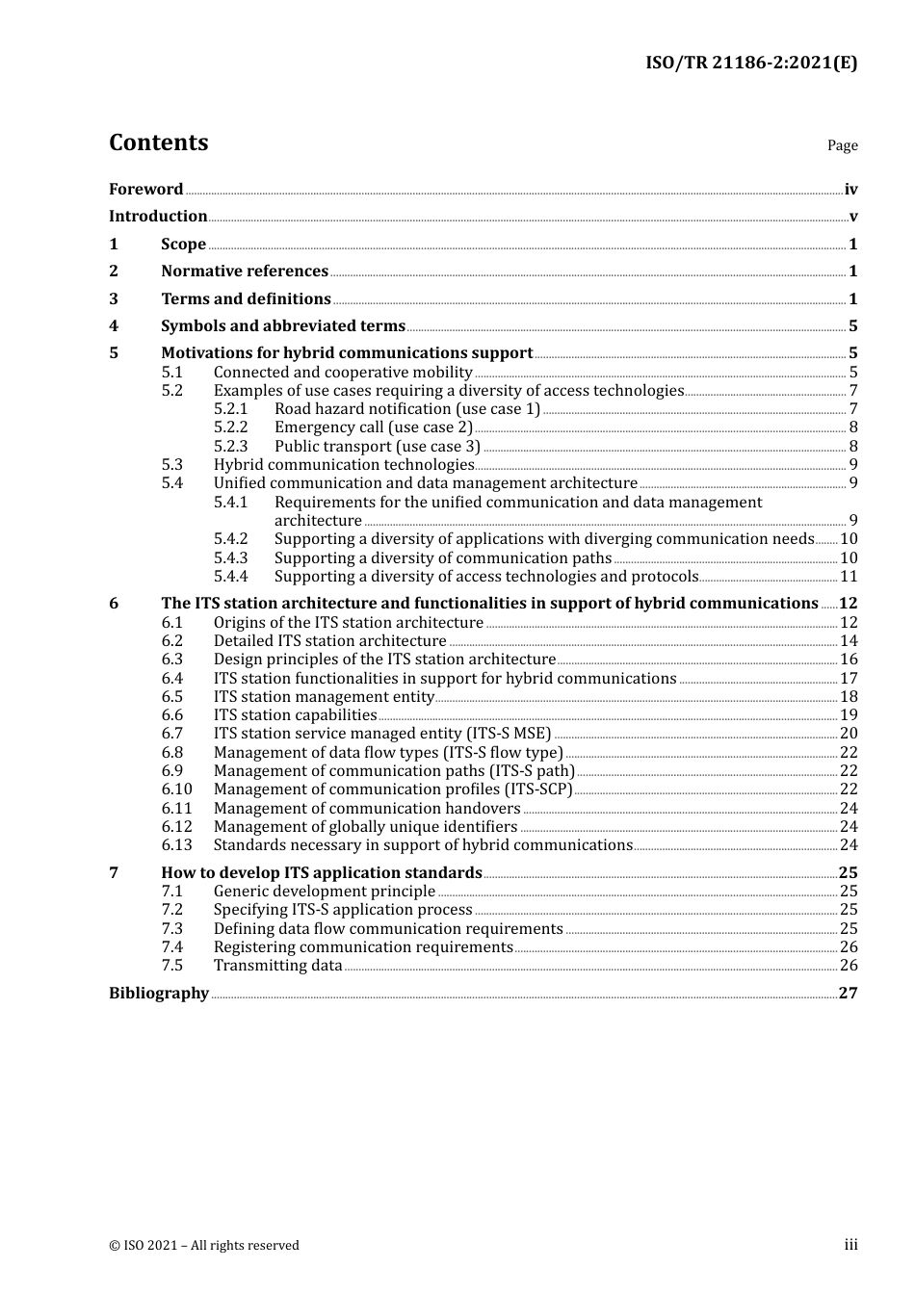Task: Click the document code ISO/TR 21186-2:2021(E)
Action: pos(750,64)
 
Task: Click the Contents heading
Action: pos(158,142)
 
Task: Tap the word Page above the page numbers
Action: pos(842,145)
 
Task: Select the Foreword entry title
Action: pos(145,190)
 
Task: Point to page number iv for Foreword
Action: pos(850,190)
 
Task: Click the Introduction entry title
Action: pos(158,217)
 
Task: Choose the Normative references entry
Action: pos(245,272)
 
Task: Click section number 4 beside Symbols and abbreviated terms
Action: pos(114,326)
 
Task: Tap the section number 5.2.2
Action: pos(230,427)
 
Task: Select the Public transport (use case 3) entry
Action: pos(377,447)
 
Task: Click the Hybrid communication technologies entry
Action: pos(344,465)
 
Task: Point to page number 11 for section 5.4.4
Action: pos(849,577)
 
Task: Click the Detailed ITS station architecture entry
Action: pos(329,641)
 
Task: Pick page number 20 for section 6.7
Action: pos(849,734)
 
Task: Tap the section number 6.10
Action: pos(176,789)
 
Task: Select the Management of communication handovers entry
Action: pos(367,809)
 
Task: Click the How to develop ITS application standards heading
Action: pos(321,873)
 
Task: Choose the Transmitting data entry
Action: pos(277,966)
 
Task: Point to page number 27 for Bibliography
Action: pos(848,994)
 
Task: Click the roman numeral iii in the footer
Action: pos(850,1245)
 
